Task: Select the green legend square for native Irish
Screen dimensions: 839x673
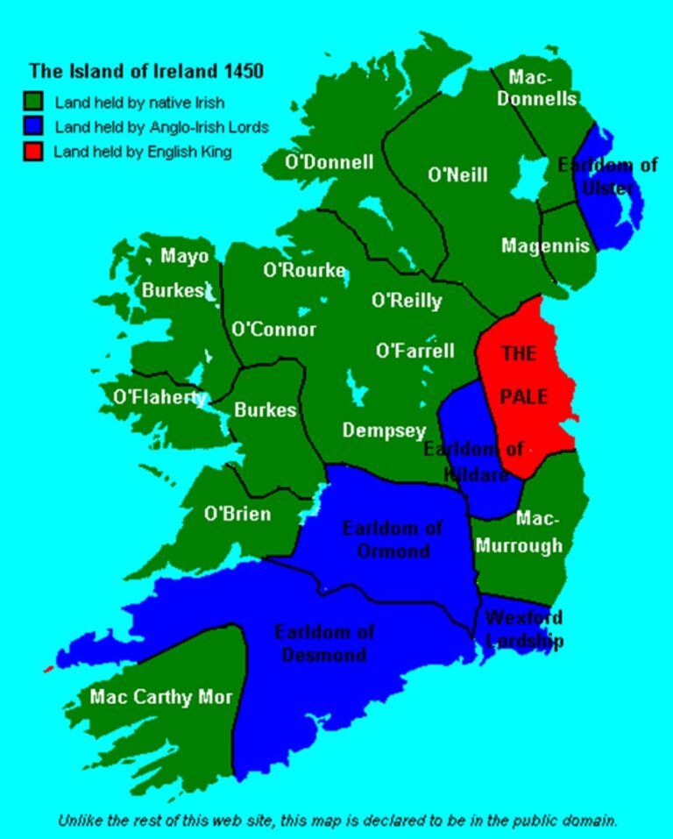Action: [x=35, y=102]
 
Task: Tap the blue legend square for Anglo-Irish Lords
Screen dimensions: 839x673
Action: [x=35, y=126]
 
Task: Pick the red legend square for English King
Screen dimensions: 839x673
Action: [x=35, y=151]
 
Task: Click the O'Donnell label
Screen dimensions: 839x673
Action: [x=329, y=162]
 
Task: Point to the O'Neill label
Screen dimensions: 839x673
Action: [x=457, y=175]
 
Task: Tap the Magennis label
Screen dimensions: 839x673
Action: [x=545, y=246]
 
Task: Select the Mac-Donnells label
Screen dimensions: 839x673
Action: [x=536, y=88]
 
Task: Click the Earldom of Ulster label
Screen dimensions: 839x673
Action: [x=607, y=175]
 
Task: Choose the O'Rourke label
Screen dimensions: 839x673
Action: [x=304, y=271]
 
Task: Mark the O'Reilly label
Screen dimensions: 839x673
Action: [x=407, y=302]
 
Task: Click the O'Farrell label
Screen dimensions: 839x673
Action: [x=415, y=352]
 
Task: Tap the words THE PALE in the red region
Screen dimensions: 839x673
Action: [x=523, y=374]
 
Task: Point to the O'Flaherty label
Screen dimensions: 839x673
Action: [x=159, y=396]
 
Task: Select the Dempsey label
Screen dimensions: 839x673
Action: [x=384, y=430]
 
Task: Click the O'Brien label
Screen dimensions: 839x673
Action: [x=237, y=514]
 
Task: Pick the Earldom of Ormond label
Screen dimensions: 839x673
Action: [x=392, y=539]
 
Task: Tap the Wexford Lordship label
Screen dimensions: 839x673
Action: [x=523, y=629]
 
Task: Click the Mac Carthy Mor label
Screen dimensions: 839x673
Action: [x=161, y=697]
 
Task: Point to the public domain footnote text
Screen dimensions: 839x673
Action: [x=338, y=821]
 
